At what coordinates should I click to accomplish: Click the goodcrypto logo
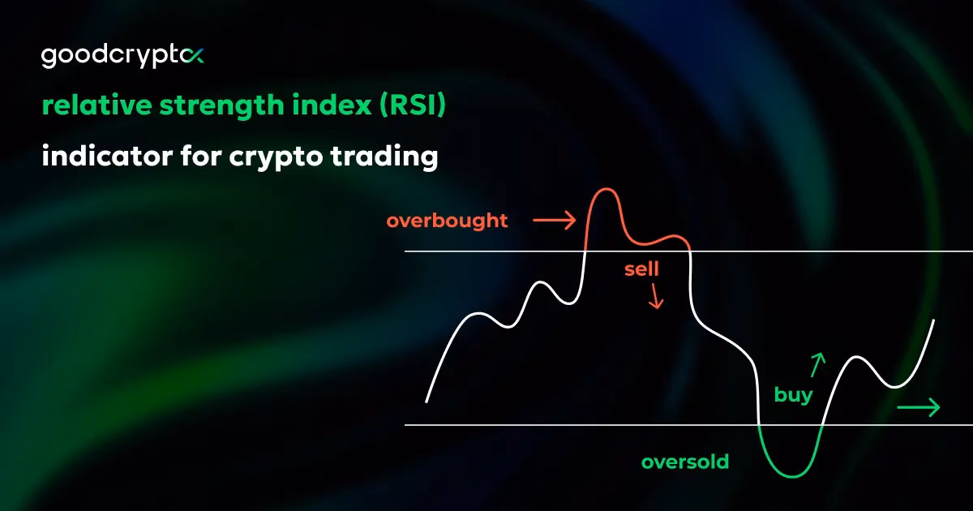click(122, 58)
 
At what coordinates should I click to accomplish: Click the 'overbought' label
click(447, 221)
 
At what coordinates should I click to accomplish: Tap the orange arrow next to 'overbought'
click(554, 219)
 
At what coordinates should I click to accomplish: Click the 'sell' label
click(641, 269)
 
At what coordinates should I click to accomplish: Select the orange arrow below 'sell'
click(655, 298)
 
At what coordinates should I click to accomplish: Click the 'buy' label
click(793, 397)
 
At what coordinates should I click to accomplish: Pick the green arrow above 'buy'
click(818, 365)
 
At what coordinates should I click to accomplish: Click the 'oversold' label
click(685, 462)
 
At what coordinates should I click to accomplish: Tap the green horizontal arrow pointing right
click(919, 407)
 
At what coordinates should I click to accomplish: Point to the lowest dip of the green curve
click(790, 475)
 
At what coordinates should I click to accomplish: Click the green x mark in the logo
click(195, 56)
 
